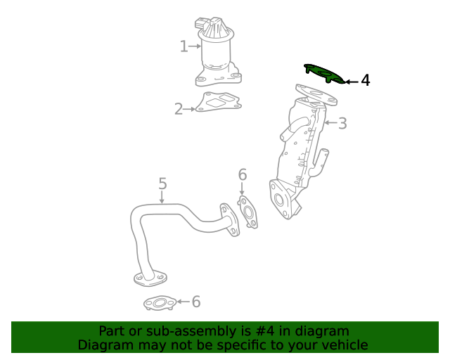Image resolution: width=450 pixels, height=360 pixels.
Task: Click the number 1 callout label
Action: (x=184, y=46)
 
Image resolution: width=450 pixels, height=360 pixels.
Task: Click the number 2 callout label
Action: (x=179, y=109)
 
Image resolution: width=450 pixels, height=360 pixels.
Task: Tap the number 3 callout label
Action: (x=342, y=124)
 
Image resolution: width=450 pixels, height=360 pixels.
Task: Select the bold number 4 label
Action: (x=365, y=81)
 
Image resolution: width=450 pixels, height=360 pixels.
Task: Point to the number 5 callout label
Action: (x=162, y=184)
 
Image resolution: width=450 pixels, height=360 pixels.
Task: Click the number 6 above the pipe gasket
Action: (x=243, y=174)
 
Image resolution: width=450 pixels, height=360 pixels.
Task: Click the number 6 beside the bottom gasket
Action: (x=196, y=302)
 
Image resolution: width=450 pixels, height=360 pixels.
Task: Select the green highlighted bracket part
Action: (x=323, y=73)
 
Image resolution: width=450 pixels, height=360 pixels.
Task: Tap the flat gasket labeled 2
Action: (x=218, y=102)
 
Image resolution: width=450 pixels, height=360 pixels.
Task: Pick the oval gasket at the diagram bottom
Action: (x=159, y=304)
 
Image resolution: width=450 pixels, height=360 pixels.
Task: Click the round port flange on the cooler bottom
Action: (x=282, y=199)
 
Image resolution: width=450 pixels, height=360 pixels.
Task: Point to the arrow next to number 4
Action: (x=351, y=82)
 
